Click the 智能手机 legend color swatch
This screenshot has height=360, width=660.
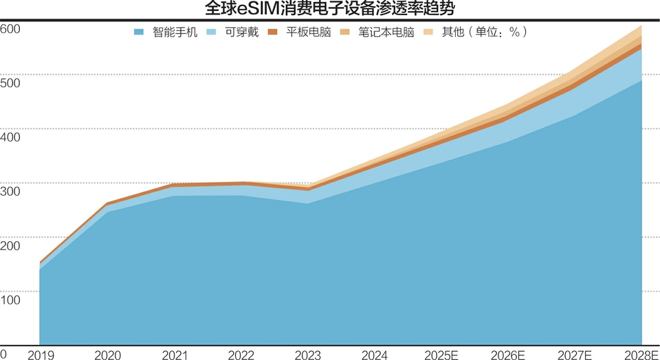coord(139,32)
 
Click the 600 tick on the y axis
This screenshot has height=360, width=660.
coord(10,29)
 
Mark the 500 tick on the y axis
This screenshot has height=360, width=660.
coord(10,83)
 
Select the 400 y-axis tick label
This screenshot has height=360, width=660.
coord(10,137)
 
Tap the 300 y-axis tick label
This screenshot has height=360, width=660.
coord(10,191)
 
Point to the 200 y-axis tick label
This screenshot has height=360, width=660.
coord(10,245)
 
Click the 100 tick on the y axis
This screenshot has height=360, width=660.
coord(10,300)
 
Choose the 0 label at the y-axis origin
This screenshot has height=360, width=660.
coord(4,353)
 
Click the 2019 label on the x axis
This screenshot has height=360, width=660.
coord(41,355)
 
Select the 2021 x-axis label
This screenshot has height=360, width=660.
coord(175,355)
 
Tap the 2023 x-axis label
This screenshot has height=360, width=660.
coord(308,355)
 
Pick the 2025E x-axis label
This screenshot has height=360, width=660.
coord(442,355)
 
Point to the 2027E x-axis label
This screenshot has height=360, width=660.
coord(576,355)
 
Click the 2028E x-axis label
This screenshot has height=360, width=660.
coord(641,355)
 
